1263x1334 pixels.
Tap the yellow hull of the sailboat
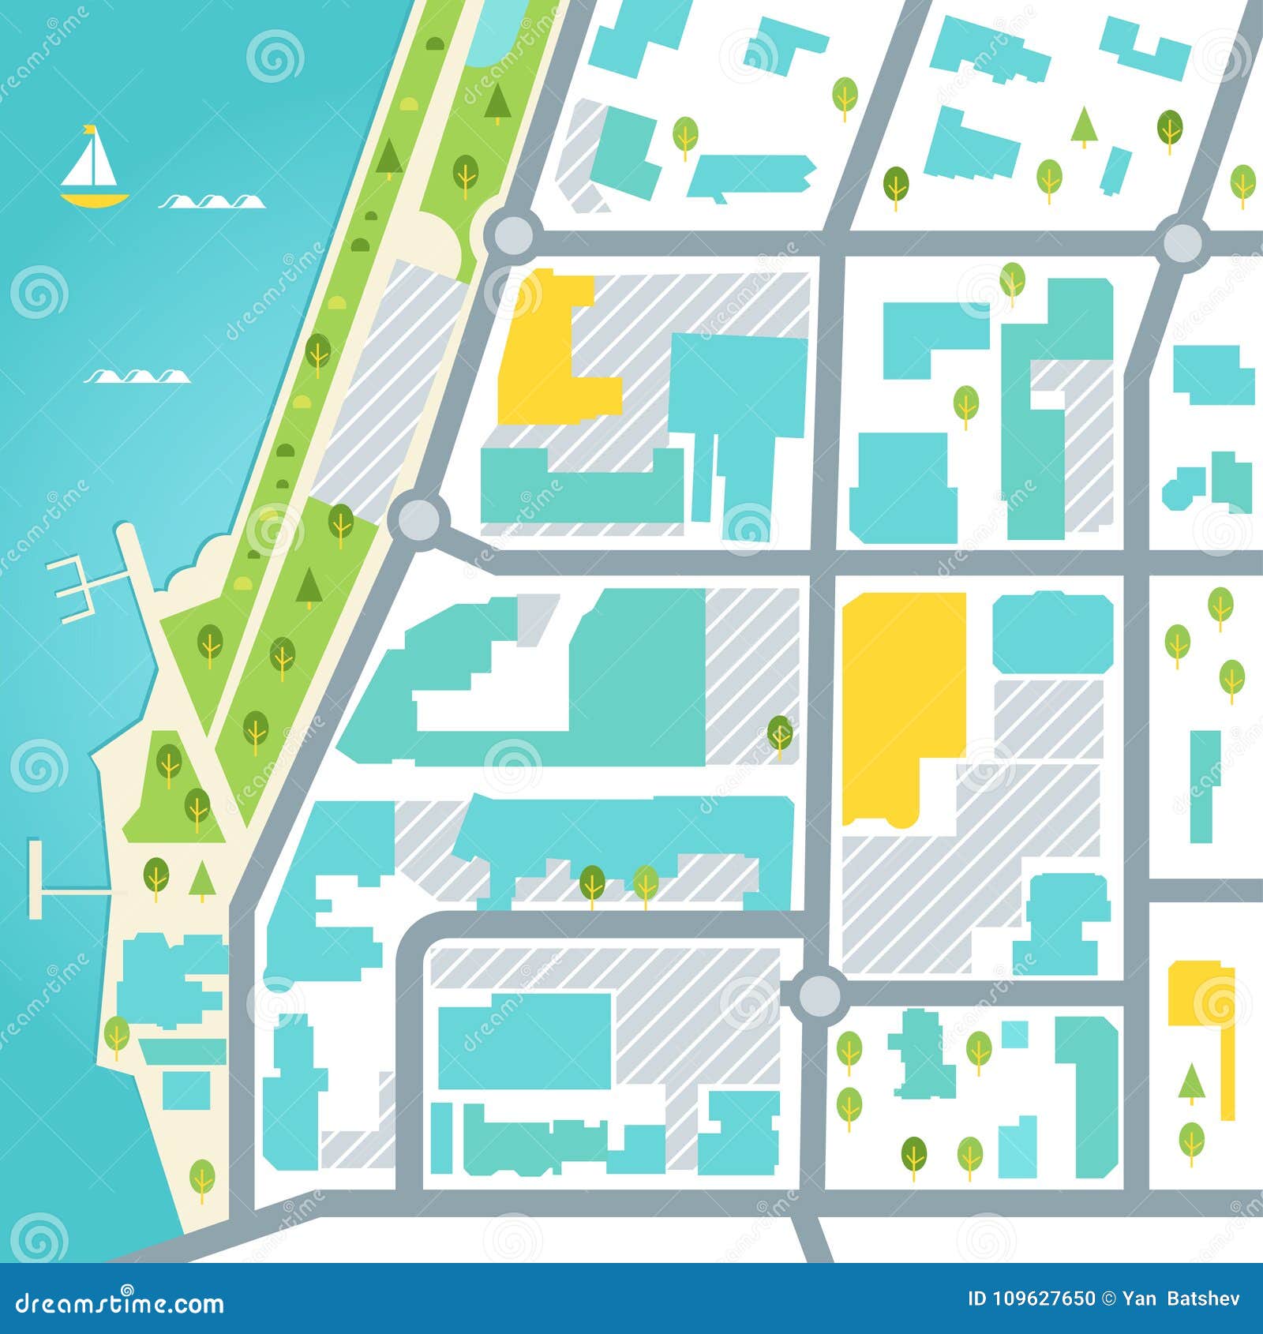93,199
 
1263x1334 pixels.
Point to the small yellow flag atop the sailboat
90,129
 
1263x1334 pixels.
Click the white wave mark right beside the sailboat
212,203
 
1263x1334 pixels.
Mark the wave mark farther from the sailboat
137,377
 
